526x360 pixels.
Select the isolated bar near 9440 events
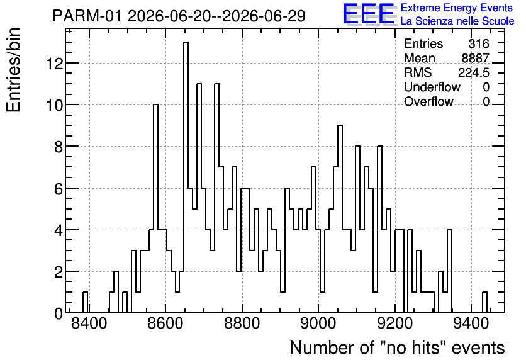(484, 302)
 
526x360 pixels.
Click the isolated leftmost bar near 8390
(85, 302)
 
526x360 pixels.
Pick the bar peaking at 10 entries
(155, 208)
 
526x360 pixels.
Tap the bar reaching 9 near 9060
(340, 219)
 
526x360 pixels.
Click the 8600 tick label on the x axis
(165, 324)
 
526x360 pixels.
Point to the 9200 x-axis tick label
(395, 324)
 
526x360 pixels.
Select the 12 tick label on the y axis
(55, 63)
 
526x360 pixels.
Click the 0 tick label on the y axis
(59, 313)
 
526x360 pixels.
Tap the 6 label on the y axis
(59, 188)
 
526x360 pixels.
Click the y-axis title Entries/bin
(14, 70)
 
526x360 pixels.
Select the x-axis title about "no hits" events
(397, 347)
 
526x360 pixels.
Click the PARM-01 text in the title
(87, 16)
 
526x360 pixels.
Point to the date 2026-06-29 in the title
(264, 16)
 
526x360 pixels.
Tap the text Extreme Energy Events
(457, 8)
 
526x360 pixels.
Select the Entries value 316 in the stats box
(479, 43)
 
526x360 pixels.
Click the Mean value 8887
(475, 58)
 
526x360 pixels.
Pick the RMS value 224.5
(474, 72)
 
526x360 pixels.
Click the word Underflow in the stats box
(432, 87)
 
